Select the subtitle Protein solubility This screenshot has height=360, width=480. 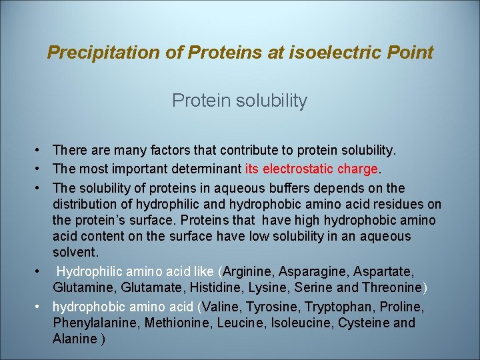pyautogui.click(x=240, y=101)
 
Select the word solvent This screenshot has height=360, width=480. pyautogui.click(x=75, y=252)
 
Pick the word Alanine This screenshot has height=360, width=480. pyautogui.click(x=75, y=339)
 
